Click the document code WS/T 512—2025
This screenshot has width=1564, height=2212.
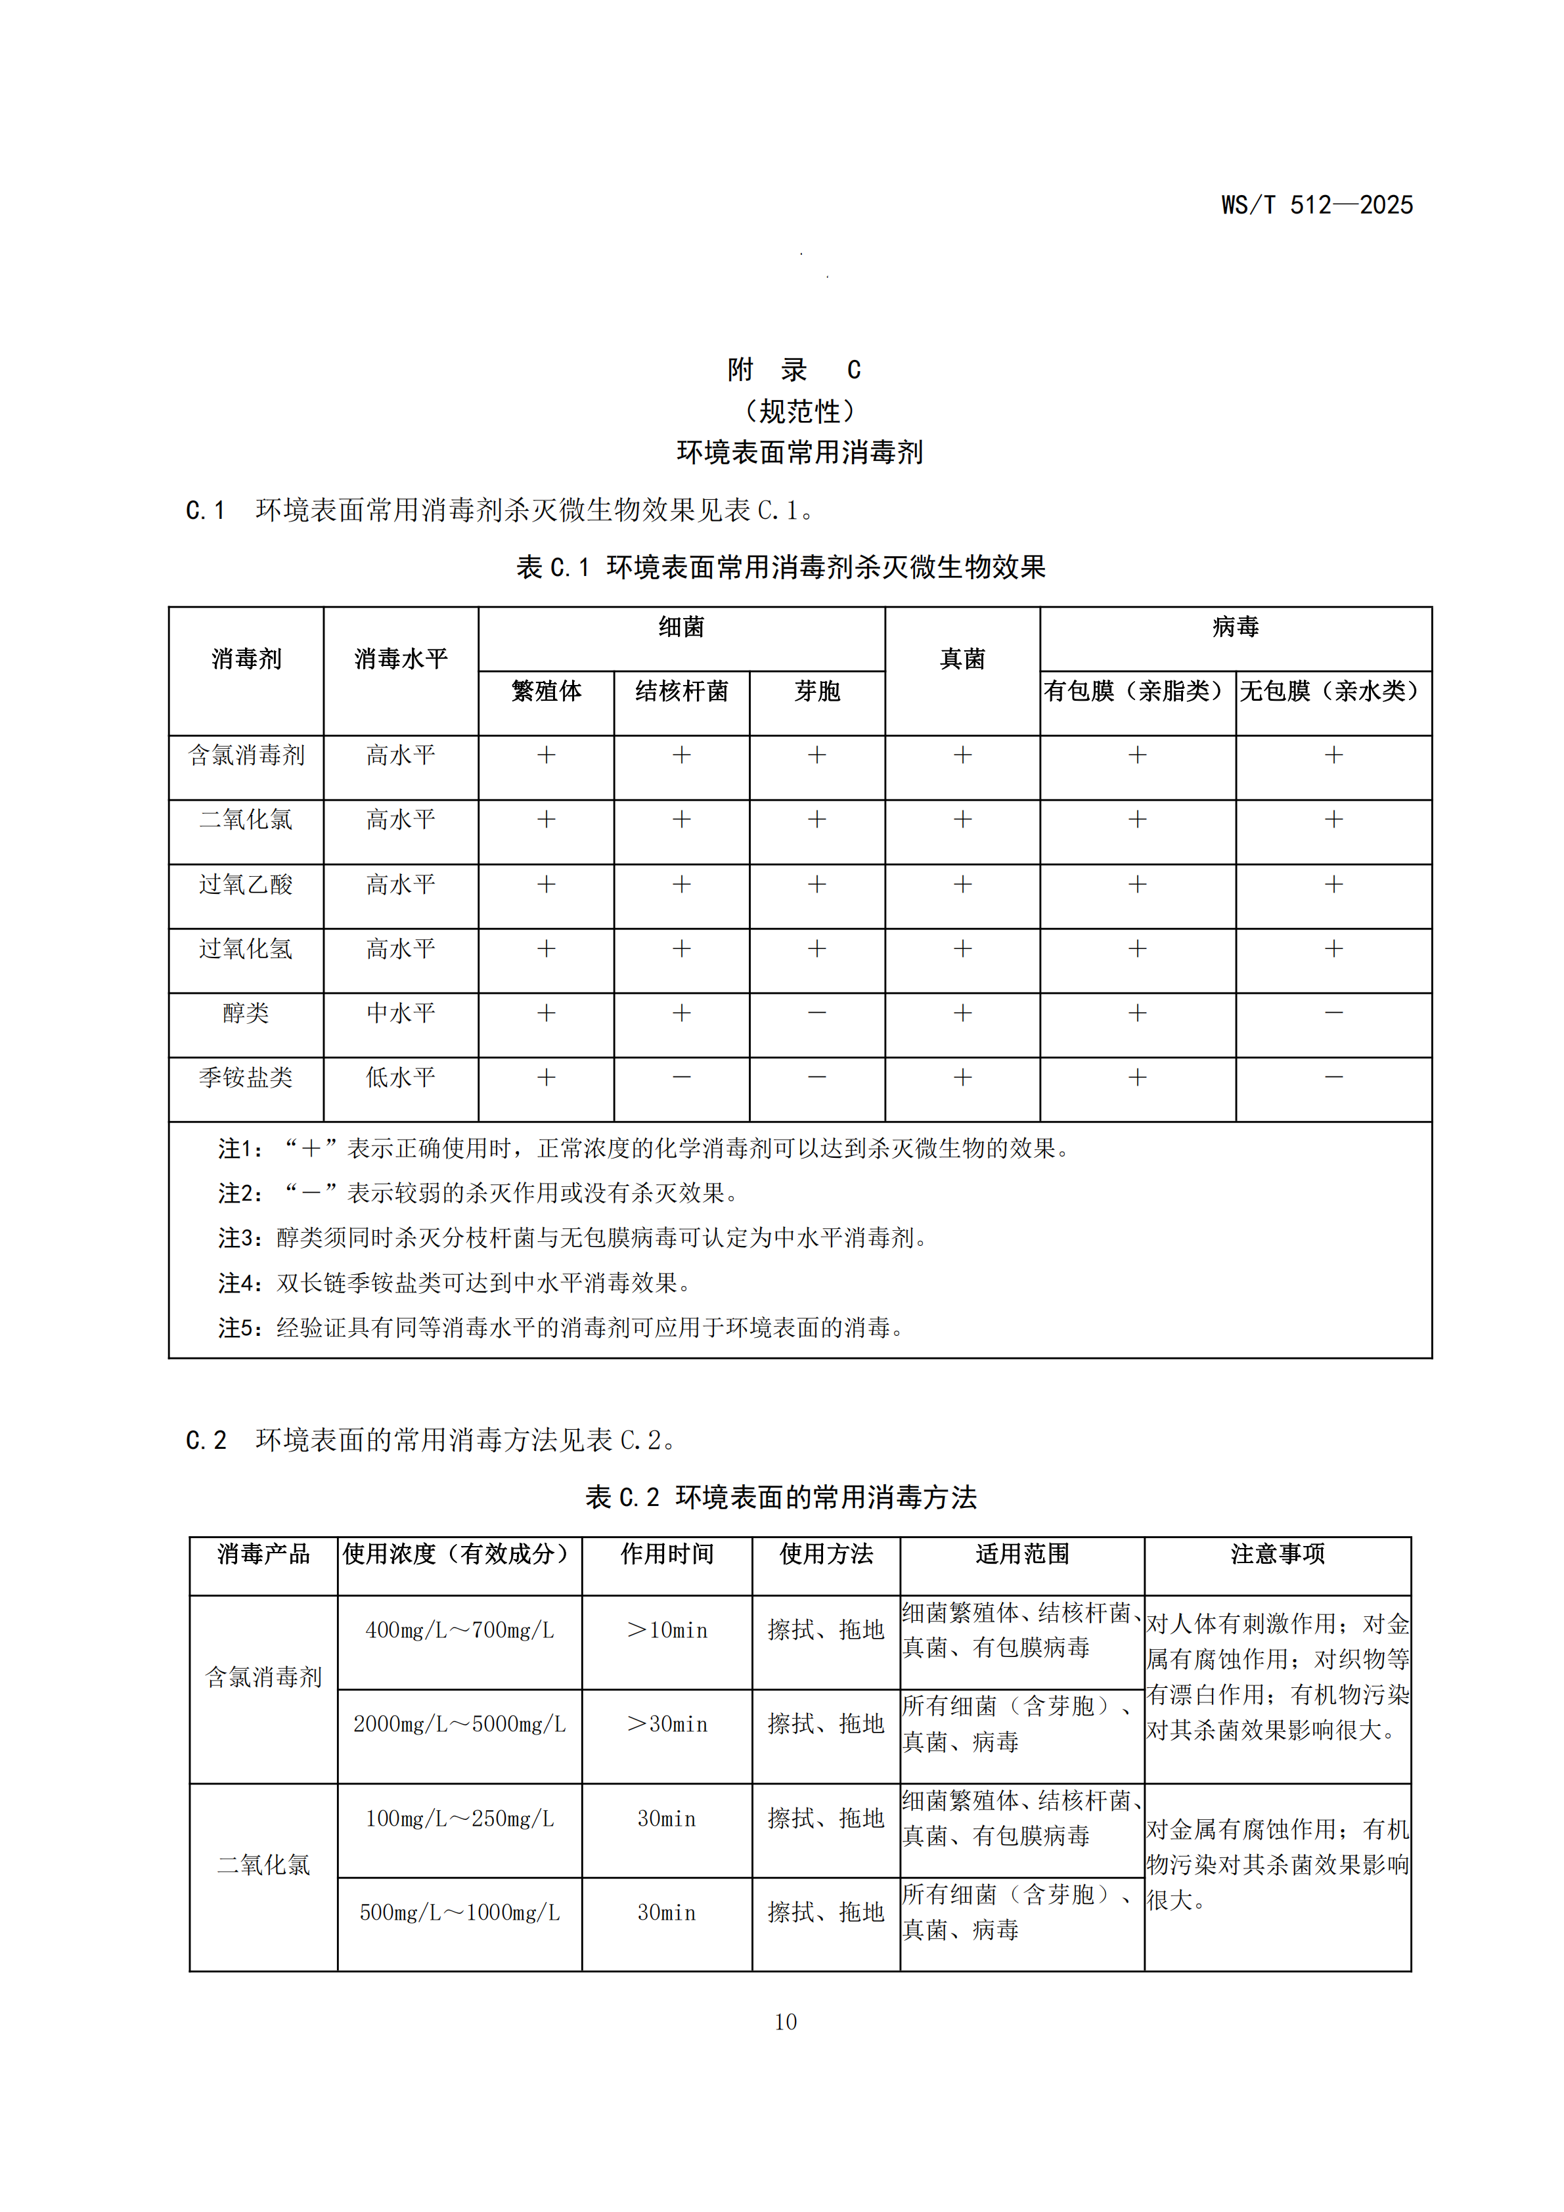(1316, 205)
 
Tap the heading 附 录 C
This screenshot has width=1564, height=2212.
(794, 370)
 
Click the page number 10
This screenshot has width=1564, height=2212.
(786, 2022)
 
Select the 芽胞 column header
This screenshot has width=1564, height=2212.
(817, 691)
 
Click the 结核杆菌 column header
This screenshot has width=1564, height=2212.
(681, 691)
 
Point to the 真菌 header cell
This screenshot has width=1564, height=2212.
(962, 659)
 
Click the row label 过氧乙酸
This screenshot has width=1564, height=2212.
(246, 885)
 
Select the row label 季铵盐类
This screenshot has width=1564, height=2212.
(246, 1077)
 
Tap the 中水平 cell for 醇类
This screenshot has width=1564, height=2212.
(401, 1013)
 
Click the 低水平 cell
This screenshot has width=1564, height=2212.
(401, 1077)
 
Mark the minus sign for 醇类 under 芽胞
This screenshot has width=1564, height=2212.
(817, 1013)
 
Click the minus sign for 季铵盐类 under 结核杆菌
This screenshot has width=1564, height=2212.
(681, 1077)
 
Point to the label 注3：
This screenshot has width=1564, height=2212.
(246, 1238)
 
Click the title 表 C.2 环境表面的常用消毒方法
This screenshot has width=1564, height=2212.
(780, 1497)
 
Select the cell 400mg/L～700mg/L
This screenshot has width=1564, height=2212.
(460, 1630)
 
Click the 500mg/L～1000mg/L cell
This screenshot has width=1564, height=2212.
(460, 1913)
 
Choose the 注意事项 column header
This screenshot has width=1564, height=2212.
(1277, 1554)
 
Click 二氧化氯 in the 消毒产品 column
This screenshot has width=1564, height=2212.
(263, 1865)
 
